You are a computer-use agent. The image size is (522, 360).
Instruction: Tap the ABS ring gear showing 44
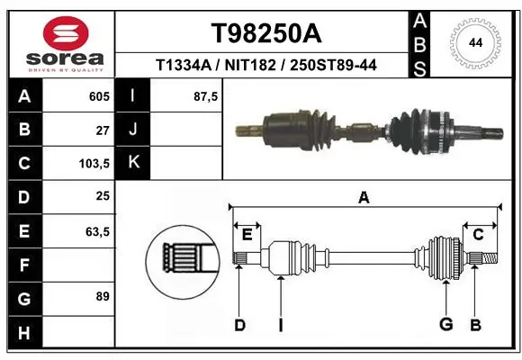point(473,41)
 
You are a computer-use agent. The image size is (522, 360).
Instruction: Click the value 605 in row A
point(98,95)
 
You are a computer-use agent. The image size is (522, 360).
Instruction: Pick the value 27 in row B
point(103,130)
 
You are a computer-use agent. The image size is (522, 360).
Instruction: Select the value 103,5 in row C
point(94,164)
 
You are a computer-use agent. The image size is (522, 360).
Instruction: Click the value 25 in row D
point(103,197)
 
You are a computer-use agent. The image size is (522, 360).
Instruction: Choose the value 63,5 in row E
point(97,231)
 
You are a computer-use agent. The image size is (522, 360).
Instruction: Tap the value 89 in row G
point(103,295)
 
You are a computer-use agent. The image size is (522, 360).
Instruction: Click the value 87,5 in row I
point(206,95)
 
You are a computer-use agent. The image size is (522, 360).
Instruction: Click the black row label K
point(133,163)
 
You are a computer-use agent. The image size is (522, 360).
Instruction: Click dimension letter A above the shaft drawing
point(364,198)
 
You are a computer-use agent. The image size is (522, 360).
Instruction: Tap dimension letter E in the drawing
point(247,234)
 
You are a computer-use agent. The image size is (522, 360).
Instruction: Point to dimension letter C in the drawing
point(478,234)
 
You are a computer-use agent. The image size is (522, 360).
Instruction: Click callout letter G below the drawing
point(445,325)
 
